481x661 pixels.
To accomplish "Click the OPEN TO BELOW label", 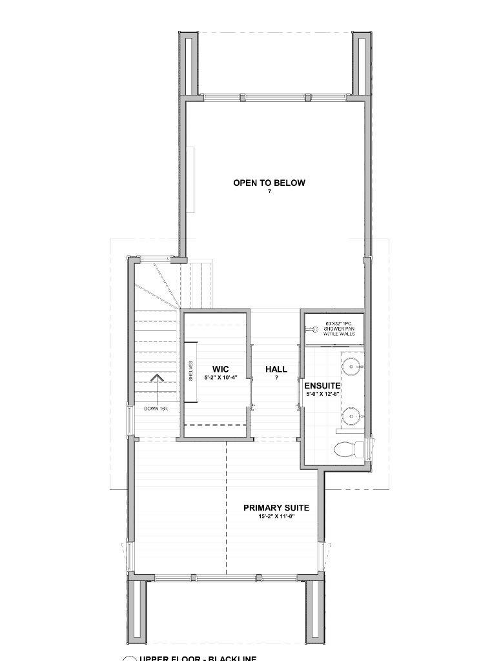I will point(269,183).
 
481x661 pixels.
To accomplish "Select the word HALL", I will point(276,369).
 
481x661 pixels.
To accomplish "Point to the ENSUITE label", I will point(322,385).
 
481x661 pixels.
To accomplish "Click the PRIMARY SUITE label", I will point(276,508).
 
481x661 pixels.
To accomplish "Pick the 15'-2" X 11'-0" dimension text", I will point(276,517).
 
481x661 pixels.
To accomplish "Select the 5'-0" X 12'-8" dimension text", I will point(322,393).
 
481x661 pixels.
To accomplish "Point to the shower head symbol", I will point(314,329).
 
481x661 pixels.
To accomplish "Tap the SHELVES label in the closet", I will point(190,370).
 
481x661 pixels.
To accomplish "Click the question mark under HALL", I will point(276,378).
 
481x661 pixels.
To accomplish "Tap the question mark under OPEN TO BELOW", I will point(269,191).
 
